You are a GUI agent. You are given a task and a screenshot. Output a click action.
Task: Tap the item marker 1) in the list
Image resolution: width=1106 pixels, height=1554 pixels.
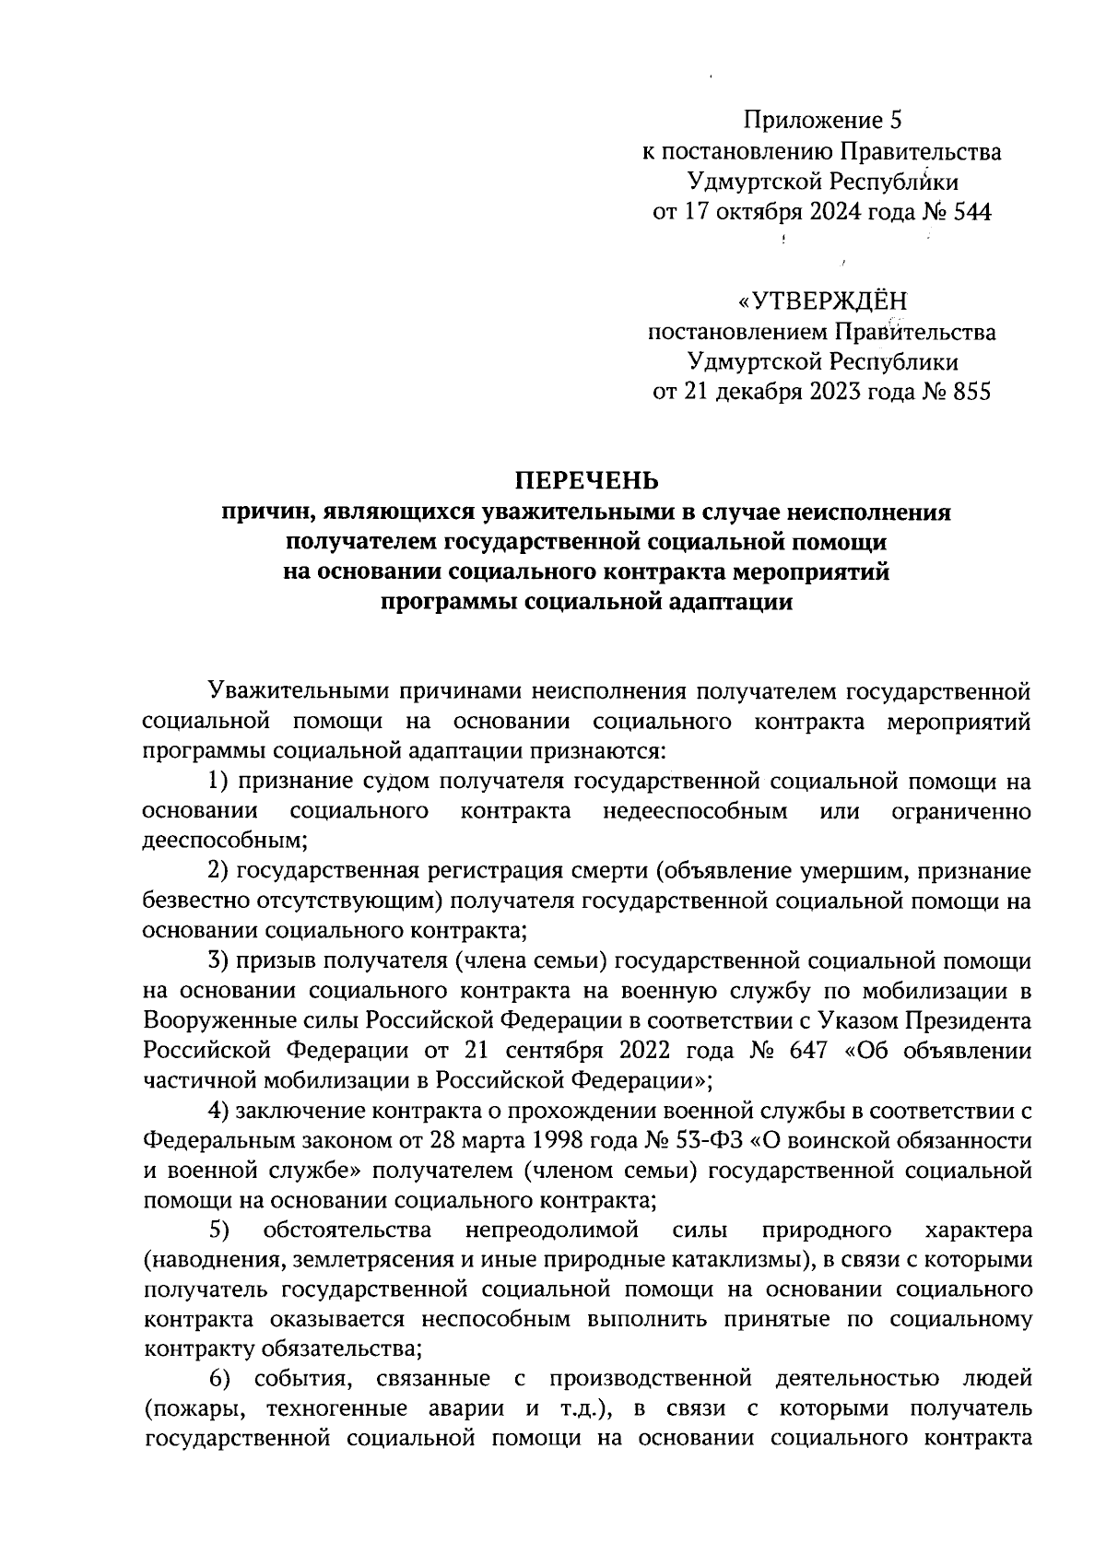point(218,783)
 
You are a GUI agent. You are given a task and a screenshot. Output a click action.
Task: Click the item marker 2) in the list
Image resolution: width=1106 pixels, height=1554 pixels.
point(218,871)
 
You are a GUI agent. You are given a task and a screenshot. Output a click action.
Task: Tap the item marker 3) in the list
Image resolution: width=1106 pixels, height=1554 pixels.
point(218,961)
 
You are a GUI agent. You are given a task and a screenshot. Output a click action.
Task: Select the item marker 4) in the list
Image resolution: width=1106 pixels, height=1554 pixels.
point(218,1110)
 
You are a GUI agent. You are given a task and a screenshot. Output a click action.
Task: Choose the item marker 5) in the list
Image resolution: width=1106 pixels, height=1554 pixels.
point(218,1230)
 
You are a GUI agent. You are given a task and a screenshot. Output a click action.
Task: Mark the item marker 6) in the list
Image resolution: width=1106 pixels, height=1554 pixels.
point(218,1379)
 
